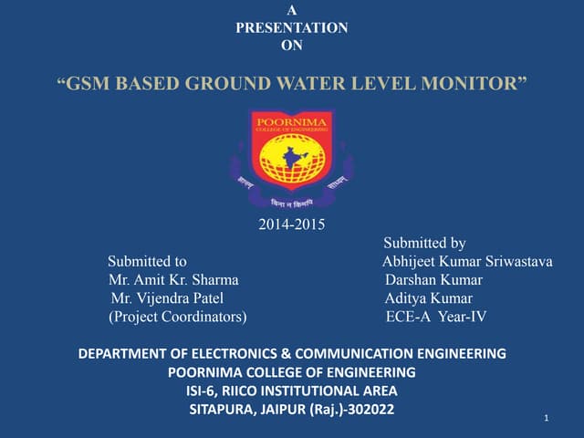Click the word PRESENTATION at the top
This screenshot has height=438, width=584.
[291, 28]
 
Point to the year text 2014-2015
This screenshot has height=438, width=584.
[292, 223]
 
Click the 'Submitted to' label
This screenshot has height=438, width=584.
[148, 262]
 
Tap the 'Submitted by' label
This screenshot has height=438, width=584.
[424, 243]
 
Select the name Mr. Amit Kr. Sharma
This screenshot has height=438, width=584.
[173, 280]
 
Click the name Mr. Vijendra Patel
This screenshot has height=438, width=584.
[166, 298]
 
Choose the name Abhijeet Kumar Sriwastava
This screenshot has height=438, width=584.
[467, 262]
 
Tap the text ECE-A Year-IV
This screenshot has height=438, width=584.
[436, 317]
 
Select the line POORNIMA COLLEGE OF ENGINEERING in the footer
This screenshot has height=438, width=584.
[292, 371]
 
